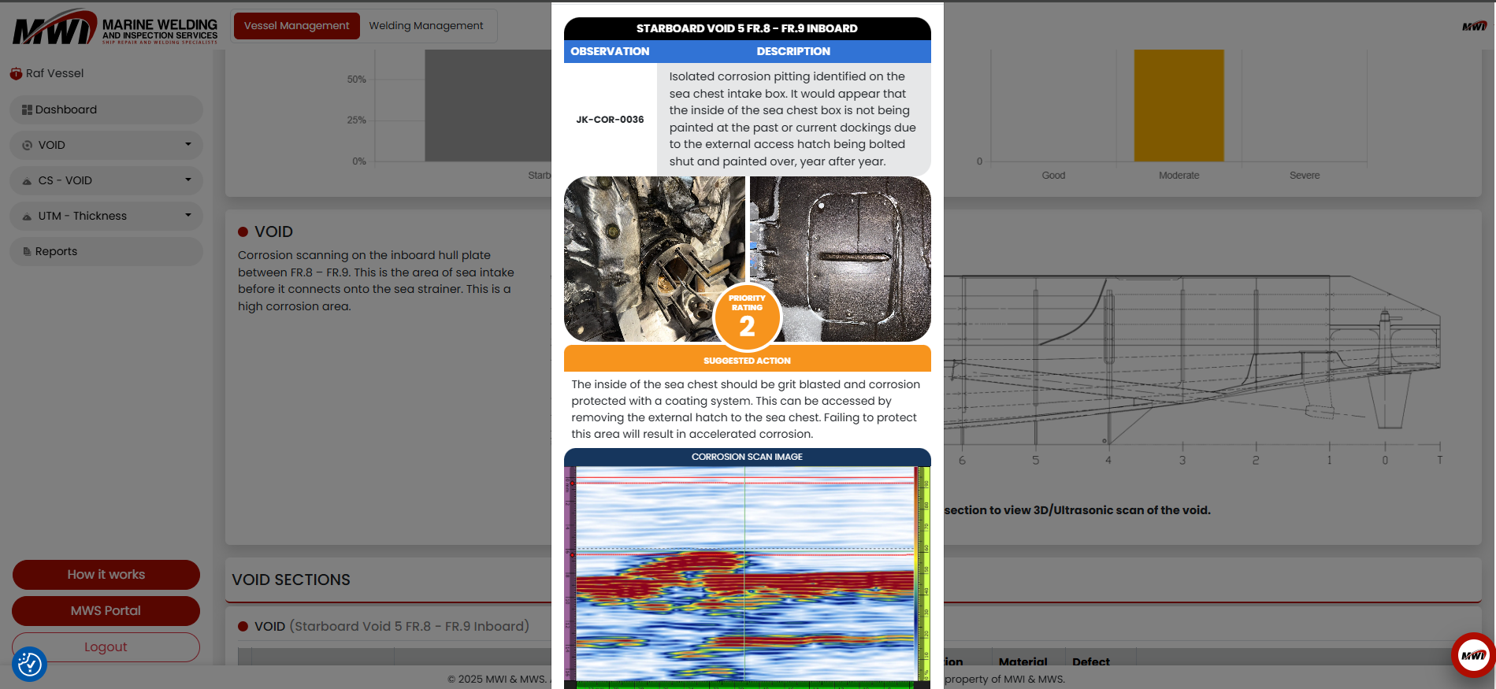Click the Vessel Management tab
[x=296, y=26]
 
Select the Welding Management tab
[x=425, y=26]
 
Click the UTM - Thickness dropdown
[x=106, y=216]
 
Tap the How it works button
[x=106, y=575]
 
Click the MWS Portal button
[x=106, y=611]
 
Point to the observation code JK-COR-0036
[x=610, y=120]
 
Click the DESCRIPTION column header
[x=793, y=51]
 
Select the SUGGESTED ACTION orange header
[x=747, y=360]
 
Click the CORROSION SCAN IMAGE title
[x=747, y=457]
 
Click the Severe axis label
[x=1304, y=176]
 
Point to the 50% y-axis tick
[x=357, y=80]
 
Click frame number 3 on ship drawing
[x=1182, y=460]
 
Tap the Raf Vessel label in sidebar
[x=54, y=73]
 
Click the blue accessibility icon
[x=30, y=664]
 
